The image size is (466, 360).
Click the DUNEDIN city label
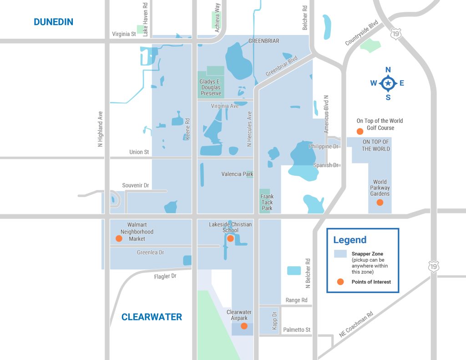[53, 22]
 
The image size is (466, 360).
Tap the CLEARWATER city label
[152, 317]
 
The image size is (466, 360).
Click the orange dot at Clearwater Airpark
[244, 326]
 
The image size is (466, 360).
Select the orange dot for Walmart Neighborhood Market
[119, 238]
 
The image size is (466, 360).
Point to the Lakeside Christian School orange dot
[230, 238]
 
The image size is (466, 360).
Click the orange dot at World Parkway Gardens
[380, 203]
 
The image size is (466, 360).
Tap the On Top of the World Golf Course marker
[360, 132]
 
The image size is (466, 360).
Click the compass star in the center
[388, 83]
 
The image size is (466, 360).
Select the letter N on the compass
[388, 70]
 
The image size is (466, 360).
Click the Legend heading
[349, 240]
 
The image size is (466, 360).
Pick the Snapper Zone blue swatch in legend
[340, 254]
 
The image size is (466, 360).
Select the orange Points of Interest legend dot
[340, 282]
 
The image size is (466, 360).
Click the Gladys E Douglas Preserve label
[211, 87]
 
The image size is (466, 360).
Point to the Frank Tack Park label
[267, 203]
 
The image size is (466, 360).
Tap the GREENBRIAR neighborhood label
[264, 41]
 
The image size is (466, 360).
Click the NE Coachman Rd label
[356, 324]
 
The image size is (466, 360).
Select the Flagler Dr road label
[165, 276]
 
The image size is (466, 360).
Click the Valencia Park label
[237, 174]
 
